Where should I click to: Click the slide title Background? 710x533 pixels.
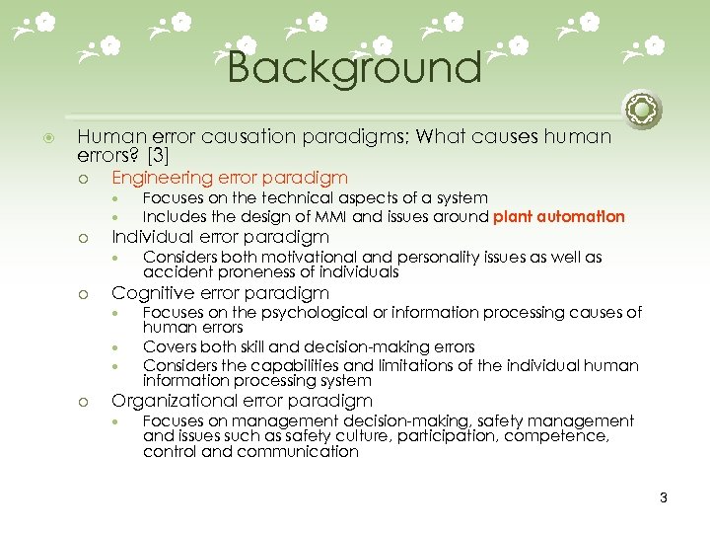click(x=354, y=68)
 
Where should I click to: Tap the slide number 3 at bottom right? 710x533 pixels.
click(x=664, y=497)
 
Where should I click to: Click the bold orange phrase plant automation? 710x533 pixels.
click(x=559, y=216)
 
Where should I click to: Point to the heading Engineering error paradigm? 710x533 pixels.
click(x=229, y=178)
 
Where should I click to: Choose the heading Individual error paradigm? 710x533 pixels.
click(x=220, y=237)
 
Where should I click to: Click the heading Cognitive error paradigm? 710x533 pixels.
click(x=220, y=293)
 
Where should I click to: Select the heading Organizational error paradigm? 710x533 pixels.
click(x=242, y=401)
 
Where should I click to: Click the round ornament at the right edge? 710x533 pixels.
click(x=642, y=109)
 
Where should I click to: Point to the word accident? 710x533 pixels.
click(x=175, y=272)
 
